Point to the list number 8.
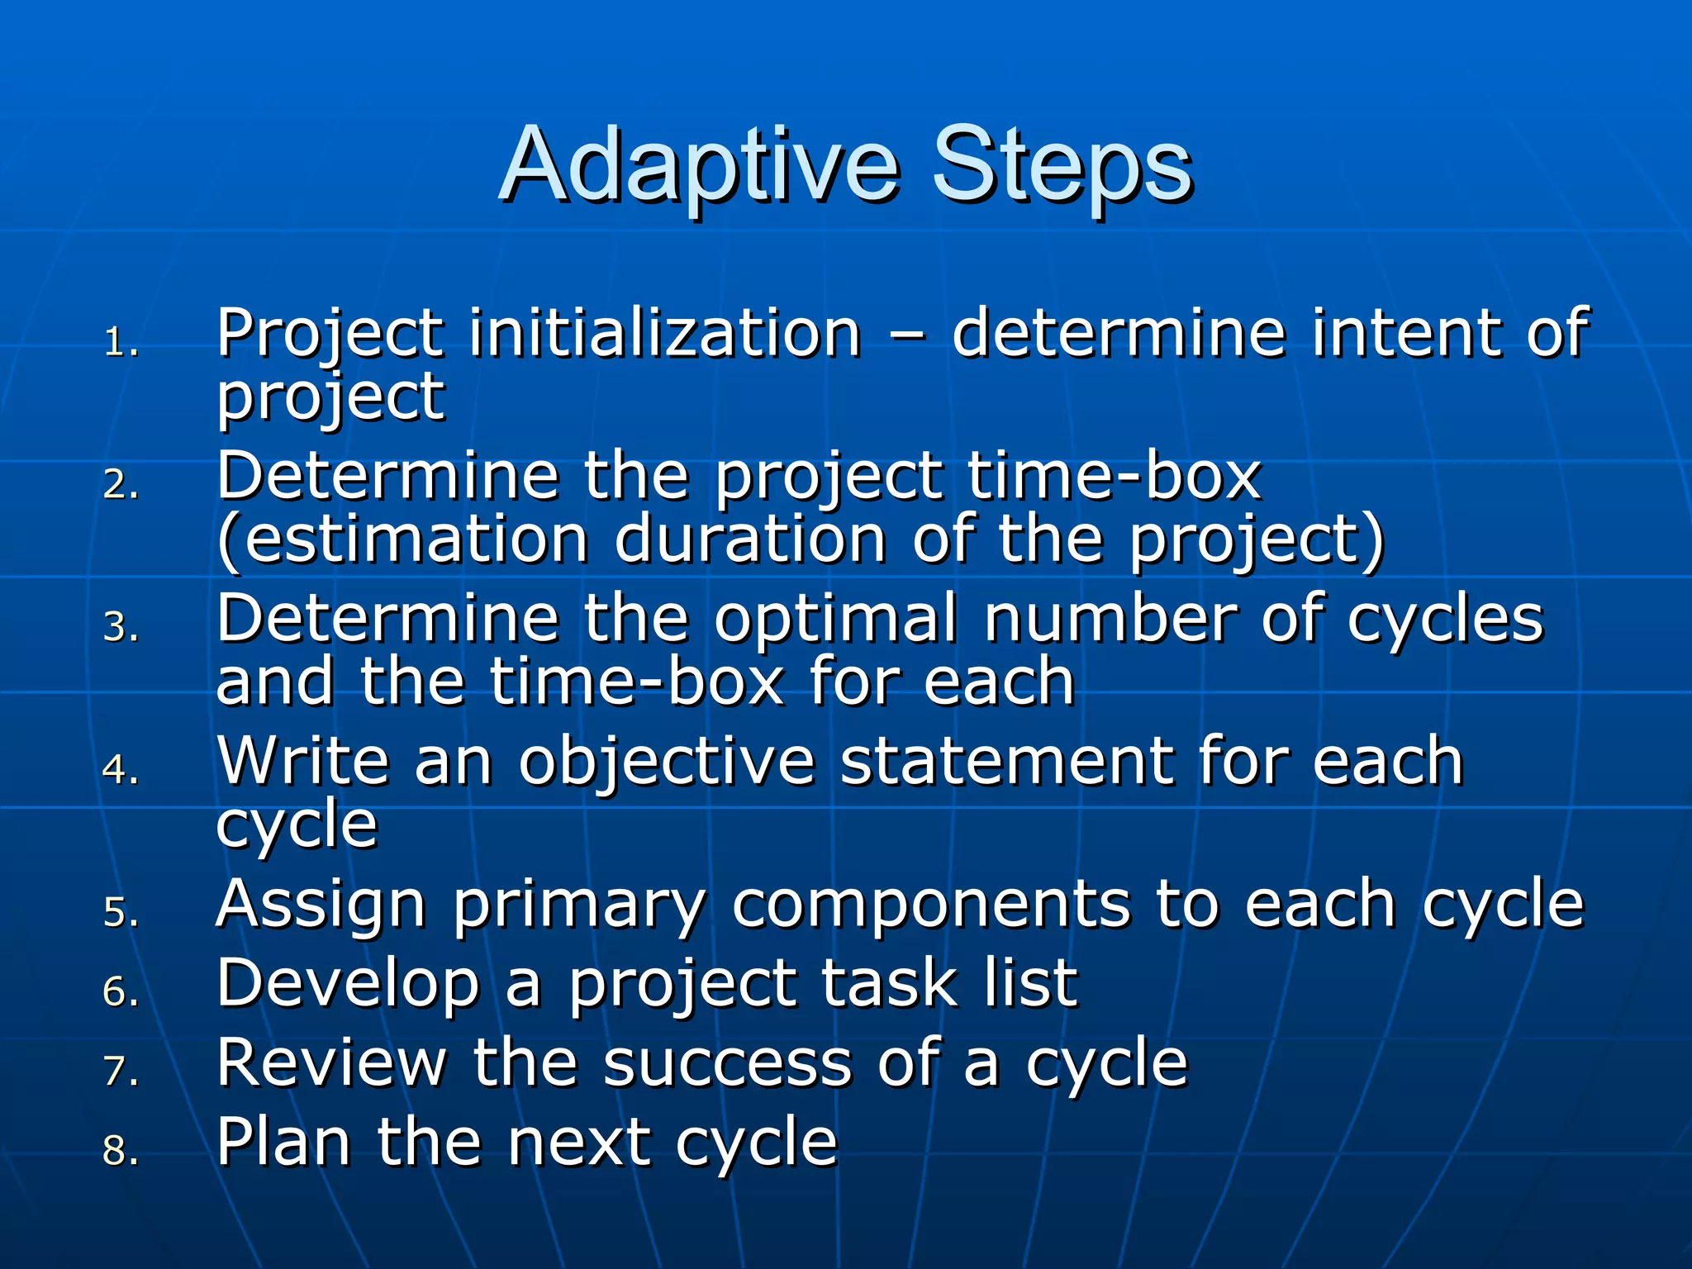(x=120, y=1150)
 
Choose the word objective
(x=666, y=762)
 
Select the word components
(x=929, y=905)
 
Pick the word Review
(x=330, y=1062)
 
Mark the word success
(x=727, y=1064)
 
